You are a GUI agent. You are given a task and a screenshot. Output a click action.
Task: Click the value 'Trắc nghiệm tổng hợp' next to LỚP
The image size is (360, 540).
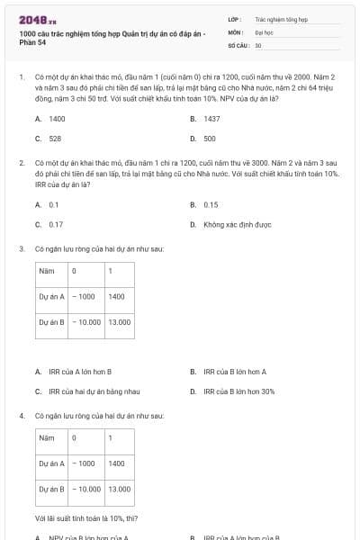tap(281, 18)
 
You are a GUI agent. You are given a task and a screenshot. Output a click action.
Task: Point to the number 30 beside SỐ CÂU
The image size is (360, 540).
tap(258, 43)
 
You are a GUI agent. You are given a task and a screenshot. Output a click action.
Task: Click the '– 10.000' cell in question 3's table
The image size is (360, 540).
tap(87, 321)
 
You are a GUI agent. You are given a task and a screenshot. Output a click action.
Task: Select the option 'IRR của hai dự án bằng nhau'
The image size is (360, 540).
tap(90, 391)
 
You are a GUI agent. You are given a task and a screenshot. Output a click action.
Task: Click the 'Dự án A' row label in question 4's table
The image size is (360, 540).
tap(51, 463)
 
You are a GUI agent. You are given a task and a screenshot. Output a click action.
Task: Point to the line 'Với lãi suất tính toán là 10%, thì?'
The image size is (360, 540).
tap(85, 518)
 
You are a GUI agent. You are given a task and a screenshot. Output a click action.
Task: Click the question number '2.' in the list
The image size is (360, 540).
tap(21, 162)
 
